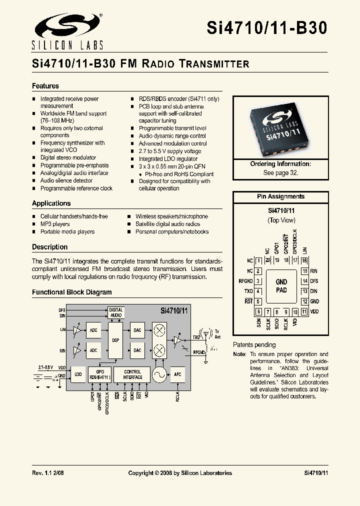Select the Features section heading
coord(45,86)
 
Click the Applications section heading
coord(51,203)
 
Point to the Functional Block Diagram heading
coord(72,292)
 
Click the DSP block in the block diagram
coord(115,340)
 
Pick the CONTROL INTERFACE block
coord(132,374)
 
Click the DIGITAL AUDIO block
coord(116,313)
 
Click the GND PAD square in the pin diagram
coord(281,286)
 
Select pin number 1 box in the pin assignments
coord(258,260)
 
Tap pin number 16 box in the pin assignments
coord(304,260)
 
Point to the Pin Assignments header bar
coord(280,196)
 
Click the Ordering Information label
coord(280,164)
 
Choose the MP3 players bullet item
coord(55,224)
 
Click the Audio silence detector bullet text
coord(66,180)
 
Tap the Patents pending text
coord(254,344)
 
